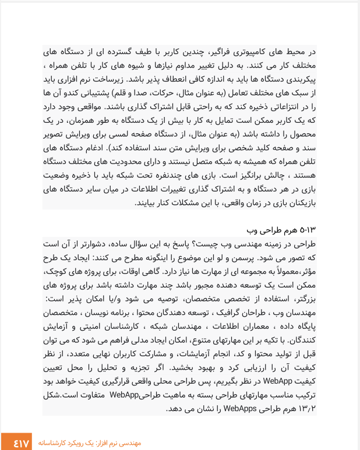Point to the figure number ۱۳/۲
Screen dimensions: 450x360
coord(306,408)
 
